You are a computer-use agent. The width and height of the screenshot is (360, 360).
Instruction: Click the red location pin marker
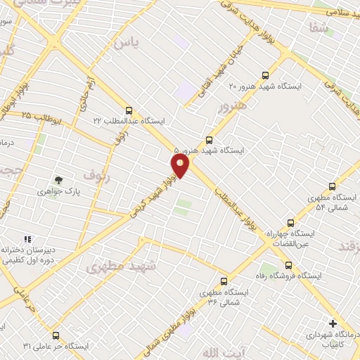coord(181,166)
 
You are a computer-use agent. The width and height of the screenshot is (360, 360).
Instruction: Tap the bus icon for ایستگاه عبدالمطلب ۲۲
coord(128,110)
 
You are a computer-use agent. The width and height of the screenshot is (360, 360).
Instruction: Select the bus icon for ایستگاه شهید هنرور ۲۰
coord(264,75)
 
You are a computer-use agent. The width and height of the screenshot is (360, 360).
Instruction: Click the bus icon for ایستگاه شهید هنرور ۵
coord(209,140)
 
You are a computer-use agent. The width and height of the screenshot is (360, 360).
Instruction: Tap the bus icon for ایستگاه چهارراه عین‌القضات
coord(291,221)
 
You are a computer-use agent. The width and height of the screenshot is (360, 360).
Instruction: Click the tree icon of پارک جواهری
coord(58,181)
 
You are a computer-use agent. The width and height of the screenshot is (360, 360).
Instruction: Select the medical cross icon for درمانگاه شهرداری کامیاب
coord(333,323)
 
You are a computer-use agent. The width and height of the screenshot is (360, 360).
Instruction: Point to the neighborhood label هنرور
coord(233,108)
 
